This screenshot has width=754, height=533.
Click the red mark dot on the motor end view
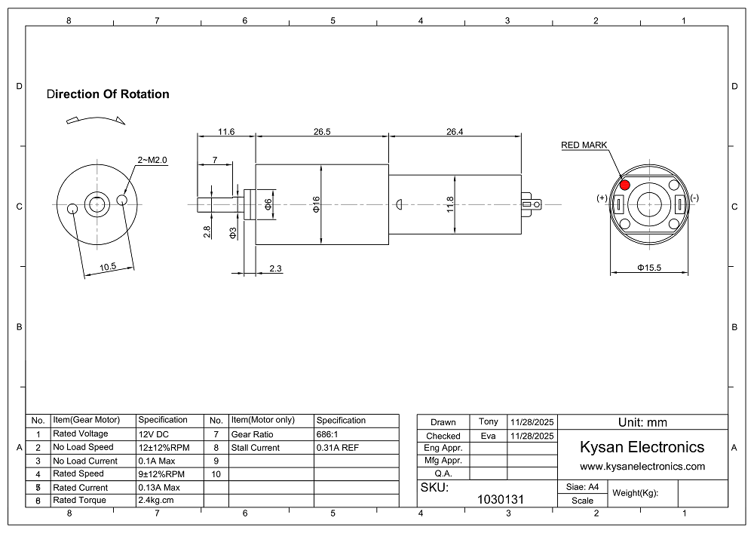pos(624,185)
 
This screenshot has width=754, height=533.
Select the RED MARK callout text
pos(584,146)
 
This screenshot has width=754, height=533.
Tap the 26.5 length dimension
pos(322,131)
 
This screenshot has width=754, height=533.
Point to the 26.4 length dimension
pos(455,131)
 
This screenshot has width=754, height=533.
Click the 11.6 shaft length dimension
pos(226,131)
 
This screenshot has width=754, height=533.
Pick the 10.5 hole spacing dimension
pos(107,266)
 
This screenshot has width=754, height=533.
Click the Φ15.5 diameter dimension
pos(649,267)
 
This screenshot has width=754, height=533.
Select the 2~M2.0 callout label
pos(152,160)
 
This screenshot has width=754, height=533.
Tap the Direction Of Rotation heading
pos(107,94)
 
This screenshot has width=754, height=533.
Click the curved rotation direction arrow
pos(95,118)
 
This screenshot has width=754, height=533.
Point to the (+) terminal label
pos(602,198)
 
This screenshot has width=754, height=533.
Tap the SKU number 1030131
pos(501,499)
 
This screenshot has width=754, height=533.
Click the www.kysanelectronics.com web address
pos(642,466)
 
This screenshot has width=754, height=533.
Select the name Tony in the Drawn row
pos(489,421)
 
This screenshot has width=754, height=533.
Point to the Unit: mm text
pos(642,422)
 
